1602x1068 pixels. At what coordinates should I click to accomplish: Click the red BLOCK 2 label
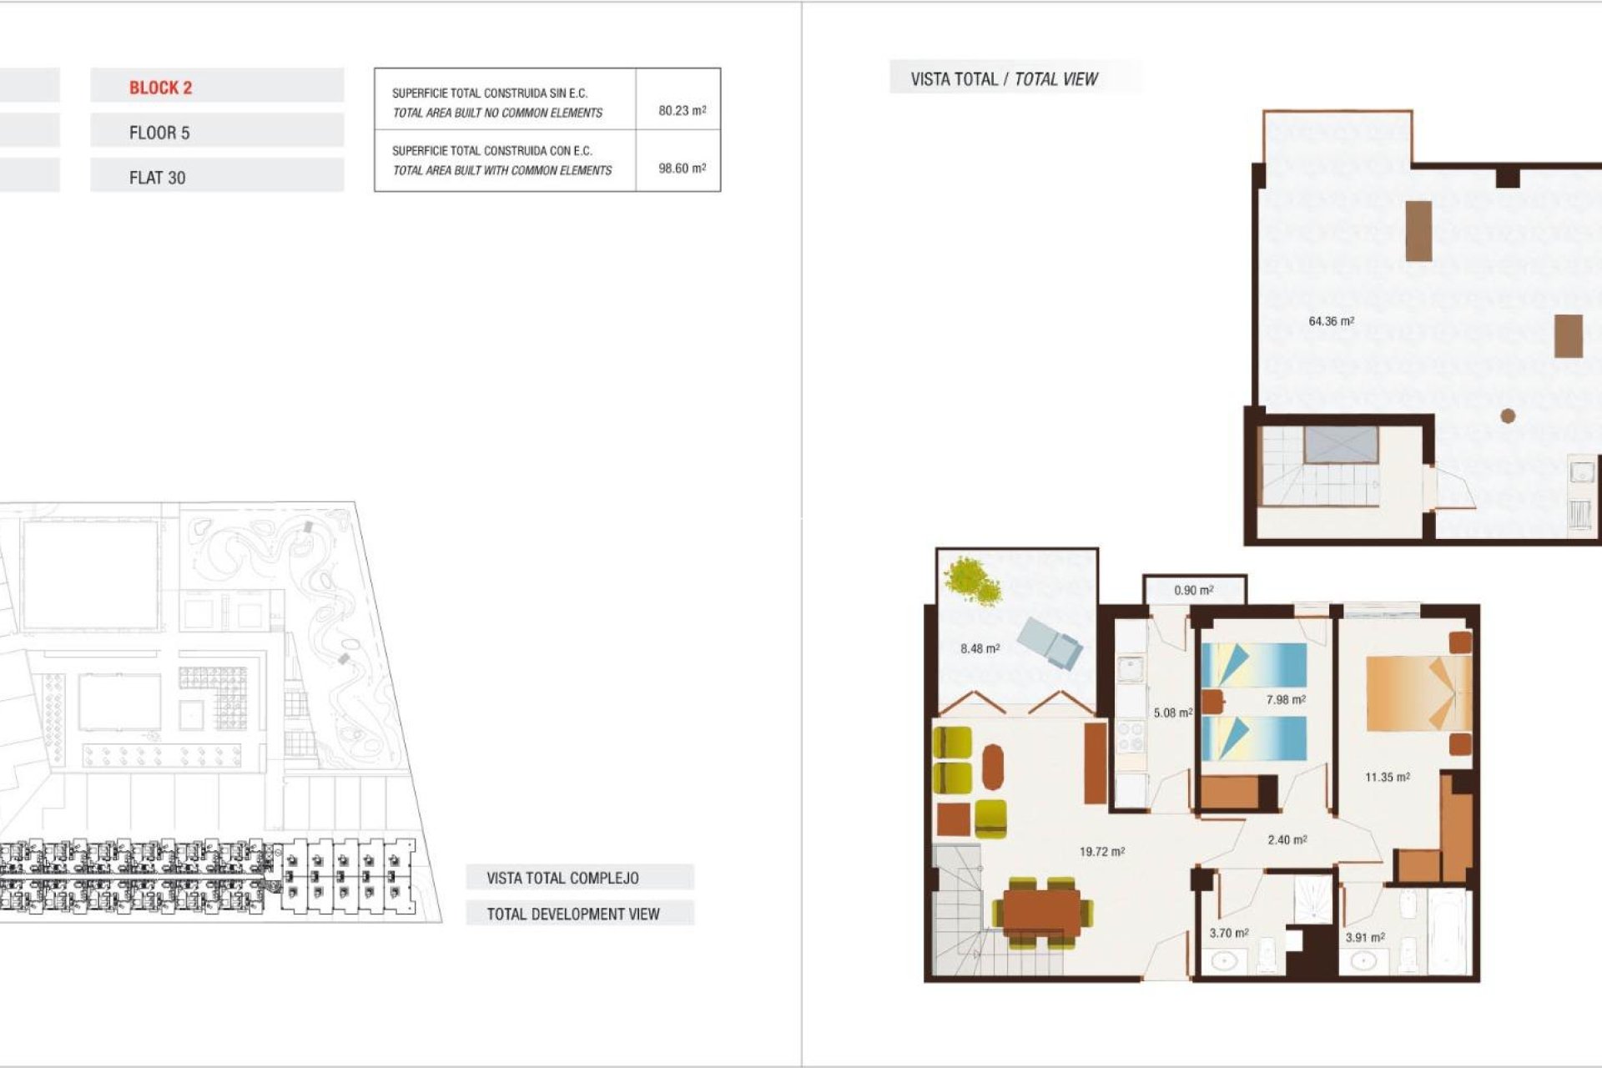(160, 88)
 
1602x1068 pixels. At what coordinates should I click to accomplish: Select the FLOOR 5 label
(159, 133)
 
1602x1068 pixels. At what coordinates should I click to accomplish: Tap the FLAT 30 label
(157, 178)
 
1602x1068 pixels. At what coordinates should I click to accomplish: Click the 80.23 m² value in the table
(682, 110)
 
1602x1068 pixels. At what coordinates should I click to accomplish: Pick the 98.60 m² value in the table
(682, 168)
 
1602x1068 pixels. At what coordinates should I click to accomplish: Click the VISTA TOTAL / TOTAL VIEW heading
(1004, 79)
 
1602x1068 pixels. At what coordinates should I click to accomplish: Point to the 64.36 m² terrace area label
(1331, 321)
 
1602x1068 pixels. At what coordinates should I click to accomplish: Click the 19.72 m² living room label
(1101, 852)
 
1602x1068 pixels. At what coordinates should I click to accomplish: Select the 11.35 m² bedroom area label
(1387, 777)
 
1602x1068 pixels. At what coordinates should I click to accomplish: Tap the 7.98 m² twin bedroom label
(1285, 700)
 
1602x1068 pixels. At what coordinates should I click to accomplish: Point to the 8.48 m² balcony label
(980, 648)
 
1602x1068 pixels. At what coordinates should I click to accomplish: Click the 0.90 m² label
(1193, 590)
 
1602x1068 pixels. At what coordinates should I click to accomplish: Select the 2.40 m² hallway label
(1287, 839)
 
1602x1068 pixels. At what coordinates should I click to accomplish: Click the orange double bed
(1417, 693)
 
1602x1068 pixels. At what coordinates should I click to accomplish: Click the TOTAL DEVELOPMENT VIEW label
(572, 914)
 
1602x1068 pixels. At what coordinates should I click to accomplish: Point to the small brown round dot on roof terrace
(1507, 416)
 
